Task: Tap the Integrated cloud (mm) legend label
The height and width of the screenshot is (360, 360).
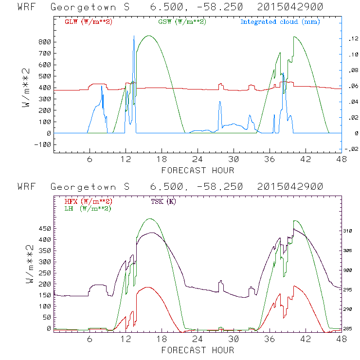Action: [280, 22]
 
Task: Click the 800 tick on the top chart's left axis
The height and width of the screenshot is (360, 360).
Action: [44, 42]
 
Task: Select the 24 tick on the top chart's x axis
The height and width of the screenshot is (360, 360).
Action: [197, 159]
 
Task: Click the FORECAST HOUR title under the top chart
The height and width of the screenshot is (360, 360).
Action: [198, 170]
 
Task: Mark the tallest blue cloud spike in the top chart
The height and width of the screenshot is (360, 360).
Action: [134, 37]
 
